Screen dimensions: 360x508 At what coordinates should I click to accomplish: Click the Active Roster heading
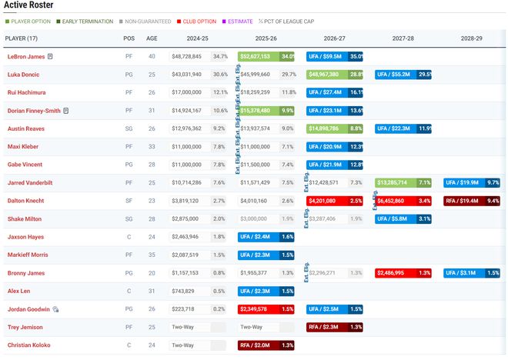pos(29,5)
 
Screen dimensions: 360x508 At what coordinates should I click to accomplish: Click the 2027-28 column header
pos(403,38)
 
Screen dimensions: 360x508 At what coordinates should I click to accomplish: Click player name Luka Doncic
pos(23,75)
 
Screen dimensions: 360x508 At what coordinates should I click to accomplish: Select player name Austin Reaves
pos(25,128)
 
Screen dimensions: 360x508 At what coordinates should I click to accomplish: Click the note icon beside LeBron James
pos(50,57)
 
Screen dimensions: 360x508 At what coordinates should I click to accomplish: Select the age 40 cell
pos(152,56)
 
